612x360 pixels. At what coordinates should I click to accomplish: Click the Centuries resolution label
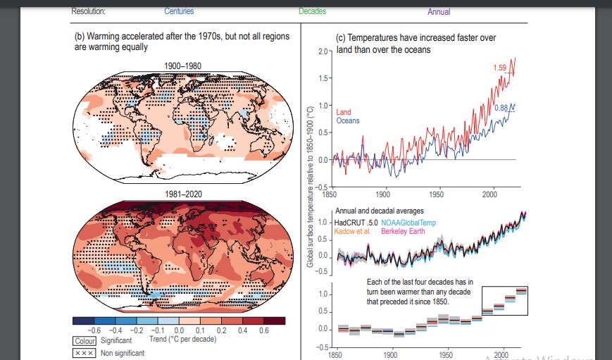point(179,12)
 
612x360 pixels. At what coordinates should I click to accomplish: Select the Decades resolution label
point(312,12)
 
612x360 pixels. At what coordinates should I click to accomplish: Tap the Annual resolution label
point(439,12)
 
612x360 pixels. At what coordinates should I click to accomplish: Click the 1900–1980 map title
point(182,66)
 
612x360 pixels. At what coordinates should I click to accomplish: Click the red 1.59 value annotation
point(499,68)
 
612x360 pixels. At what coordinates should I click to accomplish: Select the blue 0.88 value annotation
point(501,108)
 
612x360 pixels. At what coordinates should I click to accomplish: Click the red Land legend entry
point(344,112)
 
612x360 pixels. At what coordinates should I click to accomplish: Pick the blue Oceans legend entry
point(348,120)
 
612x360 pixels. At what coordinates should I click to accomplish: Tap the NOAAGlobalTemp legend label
point(408,223)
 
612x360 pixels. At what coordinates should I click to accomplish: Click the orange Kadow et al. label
point(353,231)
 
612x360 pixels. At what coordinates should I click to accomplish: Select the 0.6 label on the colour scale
point(263,330)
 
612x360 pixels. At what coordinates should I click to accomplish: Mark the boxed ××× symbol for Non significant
point(85,353)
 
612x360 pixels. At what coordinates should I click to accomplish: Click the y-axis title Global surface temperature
point(311,187)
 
